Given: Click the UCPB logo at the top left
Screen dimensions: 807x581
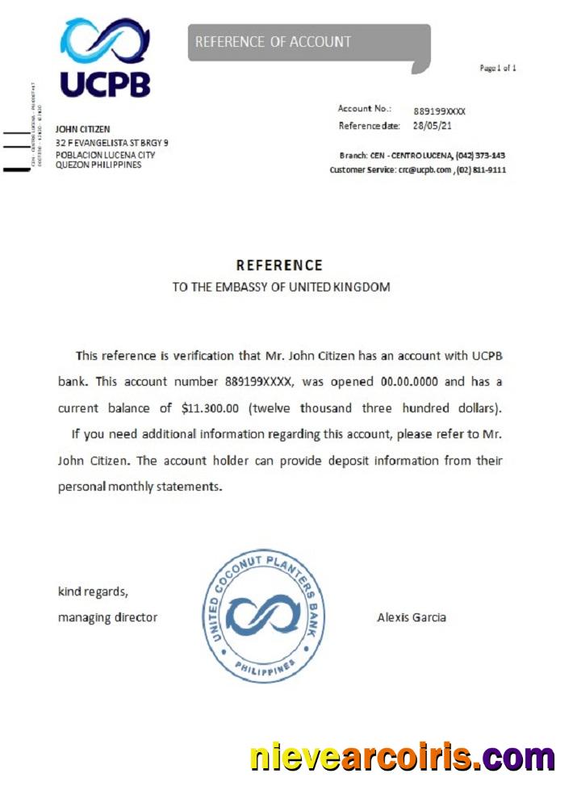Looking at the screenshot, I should pyautogui.click(x=105, y=57).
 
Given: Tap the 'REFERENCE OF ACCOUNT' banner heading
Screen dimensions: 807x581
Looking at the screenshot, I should pyautogui.click(x=273, y=42).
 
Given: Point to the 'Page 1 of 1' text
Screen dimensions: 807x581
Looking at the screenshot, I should pyautogui.click(x=498, y=68).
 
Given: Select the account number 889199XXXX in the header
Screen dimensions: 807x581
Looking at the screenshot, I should pyautogui.click(x=439, y=111).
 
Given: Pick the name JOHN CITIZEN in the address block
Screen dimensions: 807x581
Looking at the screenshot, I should pyautogui.click(x=82, y=129).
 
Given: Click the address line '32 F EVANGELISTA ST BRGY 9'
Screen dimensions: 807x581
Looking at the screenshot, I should pyautogui.click(x=111, y=143).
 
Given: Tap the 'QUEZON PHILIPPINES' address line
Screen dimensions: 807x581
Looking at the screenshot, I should pyautogui.click(x=98, y=165).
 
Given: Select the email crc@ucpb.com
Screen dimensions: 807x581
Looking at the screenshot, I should pyautogui.click(x=424, y=170).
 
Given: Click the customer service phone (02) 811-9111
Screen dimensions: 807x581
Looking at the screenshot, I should pyautogui.click(x=483, y=170).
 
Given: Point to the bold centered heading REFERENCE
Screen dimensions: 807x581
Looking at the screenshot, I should pyautogui.click(x=279, y=265).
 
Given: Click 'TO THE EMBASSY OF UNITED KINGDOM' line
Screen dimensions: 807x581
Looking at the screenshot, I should pyautogui.click(x=281, y=286).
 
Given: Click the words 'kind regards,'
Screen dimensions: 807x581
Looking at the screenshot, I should pyautogui.click(x=93, y=592).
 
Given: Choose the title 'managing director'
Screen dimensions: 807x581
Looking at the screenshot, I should pyautogui.click(x=107, y=617).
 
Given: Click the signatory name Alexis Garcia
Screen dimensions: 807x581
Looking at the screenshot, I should pyautogui.click(x=412, y=617).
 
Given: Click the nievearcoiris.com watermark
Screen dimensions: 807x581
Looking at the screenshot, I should pyautogui.click(x=402, y=758).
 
